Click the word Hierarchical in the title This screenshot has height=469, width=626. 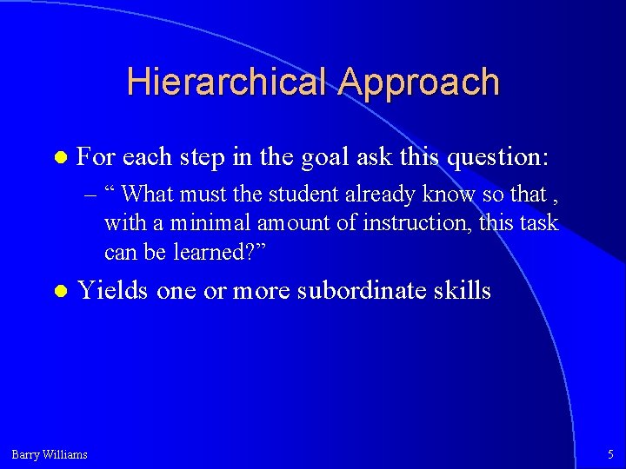click(228, 82)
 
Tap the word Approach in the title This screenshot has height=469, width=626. click(419, 82)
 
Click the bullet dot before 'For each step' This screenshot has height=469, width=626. click(59, 159)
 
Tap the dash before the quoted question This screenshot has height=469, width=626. click(90, 194)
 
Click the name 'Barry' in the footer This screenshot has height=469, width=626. click(26, 453)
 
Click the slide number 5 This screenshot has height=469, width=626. click(609, 453)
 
